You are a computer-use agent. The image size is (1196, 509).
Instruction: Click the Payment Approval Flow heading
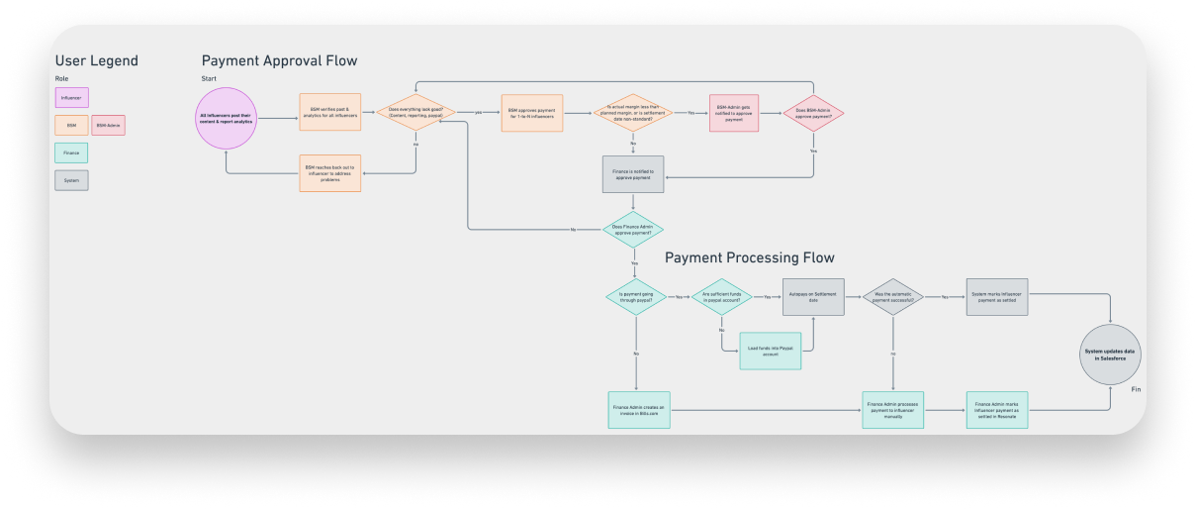279,60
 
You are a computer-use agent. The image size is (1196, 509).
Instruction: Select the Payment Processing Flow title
749,257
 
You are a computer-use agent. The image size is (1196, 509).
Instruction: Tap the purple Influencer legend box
72,97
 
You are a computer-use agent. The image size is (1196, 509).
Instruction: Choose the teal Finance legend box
72,153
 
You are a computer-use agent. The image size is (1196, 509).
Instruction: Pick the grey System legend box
72,180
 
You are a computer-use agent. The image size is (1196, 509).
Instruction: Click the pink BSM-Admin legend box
108,125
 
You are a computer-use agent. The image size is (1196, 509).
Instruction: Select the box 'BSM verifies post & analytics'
330,112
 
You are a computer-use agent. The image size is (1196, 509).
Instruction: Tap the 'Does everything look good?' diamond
414,113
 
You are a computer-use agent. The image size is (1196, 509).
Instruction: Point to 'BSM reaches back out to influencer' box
330,172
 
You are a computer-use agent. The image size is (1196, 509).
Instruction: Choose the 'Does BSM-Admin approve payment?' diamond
813,114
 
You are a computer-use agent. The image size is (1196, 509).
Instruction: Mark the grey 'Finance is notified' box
633,173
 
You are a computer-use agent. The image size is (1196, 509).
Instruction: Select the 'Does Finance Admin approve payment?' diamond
633,230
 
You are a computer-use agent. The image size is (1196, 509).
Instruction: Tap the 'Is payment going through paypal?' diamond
636,296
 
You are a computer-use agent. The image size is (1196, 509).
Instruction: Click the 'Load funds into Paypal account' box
770,351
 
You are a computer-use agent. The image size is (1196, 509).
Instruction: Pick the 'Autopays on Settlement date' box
813,296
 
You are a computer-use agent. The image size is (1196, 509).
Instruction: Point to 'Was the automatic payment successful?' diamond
893,296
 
